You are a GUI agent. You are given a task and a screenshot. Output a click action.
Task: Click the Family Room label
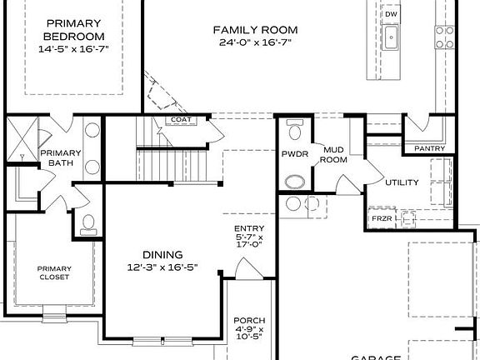258,30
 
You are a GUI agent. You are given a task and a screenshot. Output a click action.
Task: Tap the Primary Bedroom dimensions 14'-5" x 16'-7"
75,50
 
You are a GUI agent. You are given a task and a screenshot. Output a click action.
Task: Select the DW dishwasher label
390,15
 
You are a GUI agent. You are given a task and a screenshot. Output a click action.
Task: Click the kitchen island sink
391,36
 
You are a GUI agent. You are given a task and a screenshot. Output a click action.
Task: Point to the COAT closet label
181,120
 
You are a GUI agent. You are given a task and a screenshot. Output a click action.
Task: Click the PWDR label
294,154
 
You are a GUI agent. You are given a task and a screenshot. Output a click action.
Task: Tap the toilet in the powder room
293,130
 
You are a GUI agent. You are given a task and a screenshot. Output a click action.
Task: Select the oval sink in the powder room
294,181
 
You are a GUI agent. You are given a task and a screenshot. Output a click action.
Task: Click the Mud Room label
334,154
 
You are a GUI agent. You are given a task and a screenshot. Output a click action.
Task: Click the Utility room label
402,182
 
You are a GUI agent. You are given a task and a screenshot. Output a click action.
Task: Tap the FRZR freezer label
381,219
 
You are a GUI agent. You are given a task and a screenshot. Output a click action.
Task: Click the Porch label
248,320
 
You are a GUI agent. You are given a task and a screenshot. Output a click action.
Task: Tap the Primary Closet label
53,272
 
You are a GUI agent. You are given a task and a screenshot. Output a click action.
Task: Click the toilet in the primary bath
87,222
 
